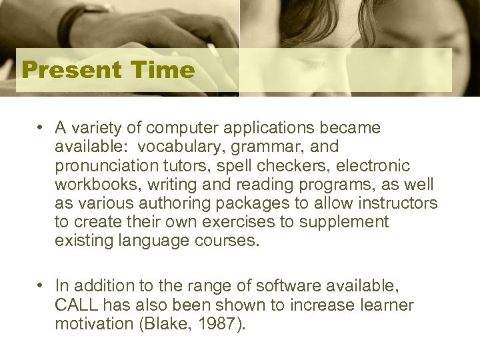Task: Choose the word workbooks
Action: [x=91, y=184]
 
